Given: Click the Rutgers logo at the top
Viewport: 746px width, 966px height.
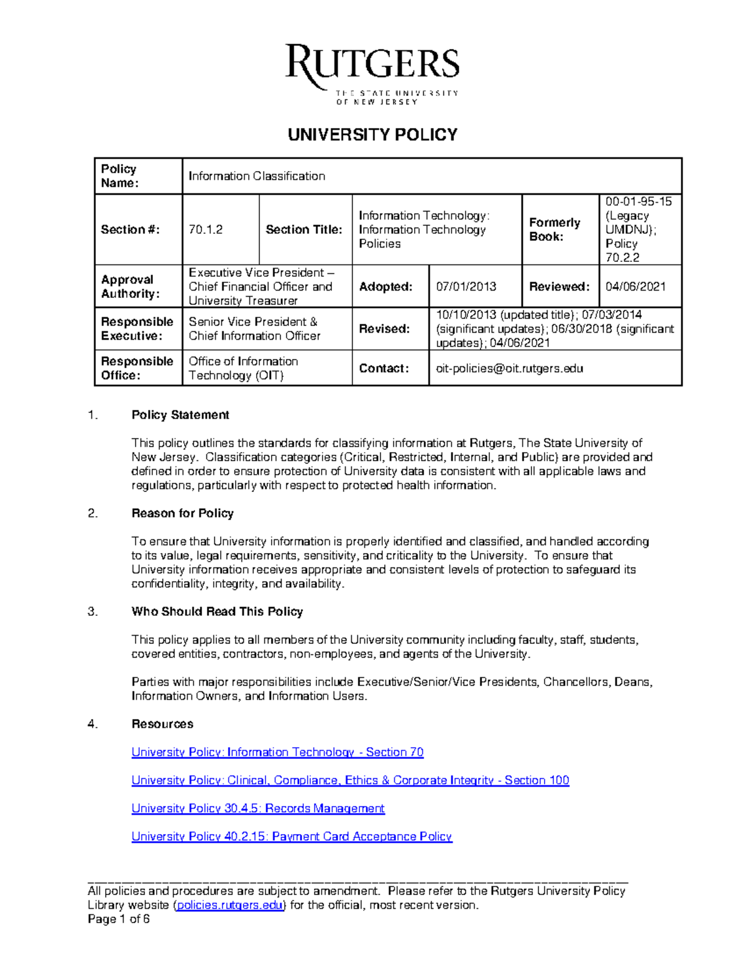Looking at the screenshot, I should [372, 73].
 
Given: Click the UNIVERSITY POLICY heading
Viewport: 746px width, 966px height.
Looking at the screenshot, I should [372, 134].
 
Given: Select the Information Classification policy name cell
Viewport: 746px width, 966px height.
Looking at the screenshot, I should [257, 176].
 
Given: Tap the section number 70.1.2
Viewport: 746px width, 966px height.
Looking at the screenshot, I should [206, 230].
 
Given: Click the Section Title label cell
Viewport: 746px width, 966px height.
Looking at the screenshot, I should [304, 230].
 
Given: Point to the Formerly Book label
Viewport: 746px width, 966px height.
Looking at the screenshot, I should [554, 230].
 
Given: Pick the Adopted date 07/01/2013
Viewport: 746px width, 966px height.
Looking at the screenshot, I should [466, 287].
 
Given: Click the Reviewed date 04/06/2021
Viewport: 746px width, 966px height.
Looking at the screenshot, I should [635, 287].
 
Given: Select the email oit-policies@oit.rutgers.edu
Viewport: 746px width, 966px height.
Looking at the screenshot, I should [509, 368].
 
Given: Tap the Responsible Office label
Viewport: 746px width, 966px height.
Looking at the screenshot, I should [137, 368].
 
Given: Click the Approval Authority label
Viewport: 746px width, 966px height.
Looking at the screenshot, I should [131, 287].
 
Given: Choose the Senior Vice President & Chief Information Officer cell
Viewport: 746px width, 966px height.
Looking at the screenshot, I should [255, 328].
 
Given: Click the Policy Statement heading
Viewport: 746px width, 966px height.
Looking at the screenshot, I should [180, 415].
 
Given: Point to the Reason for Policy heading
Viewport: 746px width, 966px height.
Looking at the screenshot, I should [182, 513].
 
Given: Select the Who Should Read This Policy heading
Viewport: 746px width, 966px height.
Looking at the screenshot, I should [217, 611].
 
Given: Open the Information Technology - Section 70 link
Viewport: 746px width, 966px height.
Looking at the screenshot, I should [277, 752].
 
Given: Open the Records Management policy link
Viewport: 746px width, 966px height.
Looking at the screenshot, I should [258, 808].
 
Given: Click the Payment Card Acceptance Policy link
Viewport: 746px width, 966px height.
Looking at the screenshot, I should [292, 837].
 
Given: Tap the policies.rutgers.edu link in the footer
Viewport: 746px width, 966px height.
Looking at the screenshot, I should [230, 905].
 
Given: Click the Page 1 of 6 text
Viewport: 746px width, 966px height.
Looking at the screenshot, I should [119, 919].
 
